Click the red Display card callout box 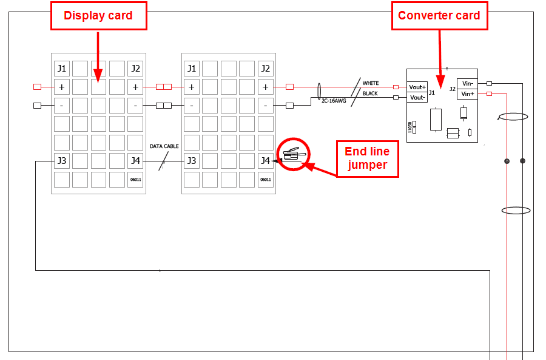98,16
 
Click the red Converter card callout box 439,16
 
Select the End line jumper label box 367,158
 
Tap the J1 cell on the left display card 61,69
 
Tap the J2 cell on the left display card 135,69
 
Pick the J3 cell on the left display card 61,161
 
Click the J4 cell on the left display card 135,161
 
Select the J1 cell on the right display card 191,69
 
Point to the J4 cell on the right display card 265,161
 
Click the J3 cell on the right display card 191,161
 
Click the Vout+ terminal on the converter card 417,87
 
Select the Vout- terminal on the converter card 417,97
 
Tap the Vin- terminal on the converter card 467,84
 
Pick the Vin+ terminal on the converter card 467,93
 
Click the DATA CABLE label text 164,146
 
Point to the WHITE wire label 371,83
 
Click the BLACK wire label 370,93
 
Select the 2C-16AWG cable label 334,101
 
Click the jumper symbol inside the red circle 294,154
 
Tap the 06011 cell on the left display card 135,180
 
